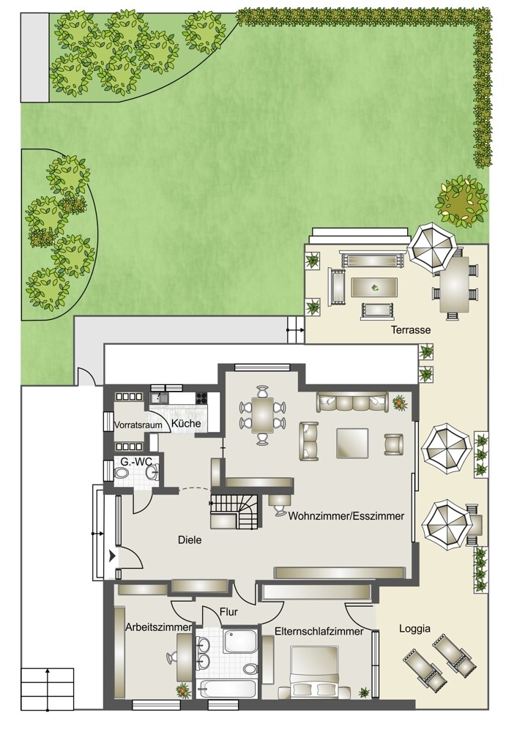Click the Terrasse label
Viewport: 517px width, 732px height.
(x=411, y=330)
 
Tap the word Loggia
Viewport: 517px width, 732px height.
(x=414, y=629)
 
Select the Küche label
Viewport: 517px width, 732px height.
(x=186, y=423)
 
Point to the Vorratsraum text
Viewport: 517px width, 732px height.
(x=138, y=425)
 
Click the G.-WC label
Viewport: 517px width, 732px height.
(x=136, y=462)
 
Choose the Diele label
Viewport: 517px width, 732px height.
(x=190, y=540)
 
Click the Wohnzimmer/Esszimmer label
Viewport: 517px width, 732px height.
(x=346, y=516)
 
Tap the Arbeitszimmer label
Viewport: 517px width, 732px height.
(x=158, y=627)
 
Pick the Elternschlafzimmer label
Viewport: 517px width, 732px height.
(x=319, y=632)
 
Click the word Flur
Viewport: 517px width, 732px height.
(x=228, y=612)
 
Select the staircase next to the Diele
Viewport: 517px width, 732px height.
(x=235, y=510)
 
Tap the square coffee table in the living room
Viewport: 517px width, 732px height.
(x=353, y=442)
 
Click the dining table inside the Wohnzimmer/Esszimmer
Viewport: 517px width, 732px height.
(x=264, y=415)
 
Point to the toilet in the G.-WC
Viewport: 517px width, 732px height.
(x=122, y=473)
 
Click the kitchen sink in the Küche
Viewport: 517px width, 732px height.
(x=158, y=397)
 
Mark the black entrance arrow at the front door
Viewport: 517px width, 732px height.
(x=112, y=556)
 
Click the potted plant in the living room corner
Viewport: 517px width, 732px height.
(x=399, y=401)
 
